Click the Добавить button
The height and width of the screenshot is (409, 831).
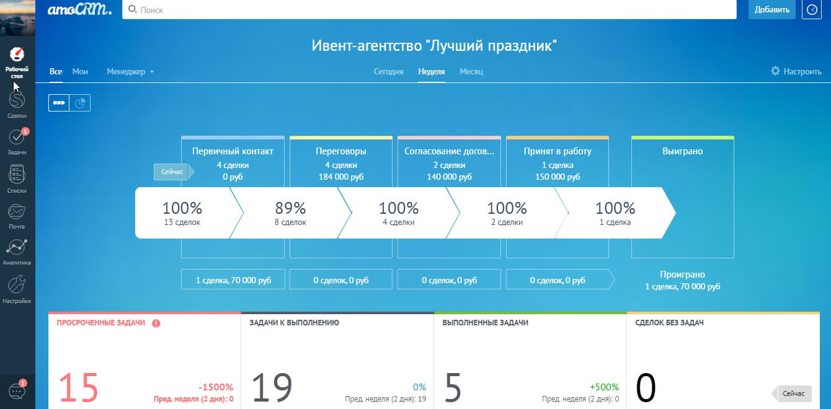771,10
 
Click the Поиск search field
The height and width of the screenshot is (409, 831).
429,10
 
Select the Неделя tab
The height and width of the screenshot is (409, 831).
432,71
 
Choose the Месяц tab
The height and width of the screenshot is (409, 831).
471,71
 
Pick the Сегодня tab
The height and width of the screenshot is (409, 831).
388,71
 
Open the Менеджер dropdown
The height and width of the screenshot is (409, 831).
130,71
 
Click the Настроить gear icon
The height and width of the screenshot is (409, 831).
775,71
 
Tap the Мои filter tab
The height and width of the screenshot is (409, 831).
80,71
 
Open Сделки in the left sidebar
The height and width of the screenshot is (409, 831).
17,105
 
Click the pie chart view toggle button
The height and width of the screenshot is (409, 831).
80,103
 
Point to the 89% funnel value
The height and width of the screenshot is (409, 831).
290,208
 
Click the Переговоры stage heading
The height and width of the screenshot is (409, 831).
341,151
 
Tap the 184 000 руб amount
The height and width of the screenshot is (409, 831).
341,177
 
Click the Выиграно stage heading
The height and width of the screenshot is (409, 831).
683,151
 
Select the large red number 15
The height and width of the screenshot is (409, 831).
78,388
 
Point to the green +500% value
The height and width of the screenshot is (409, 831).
604,387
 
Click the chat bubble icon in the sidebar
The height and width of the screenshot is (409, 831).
17,391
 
